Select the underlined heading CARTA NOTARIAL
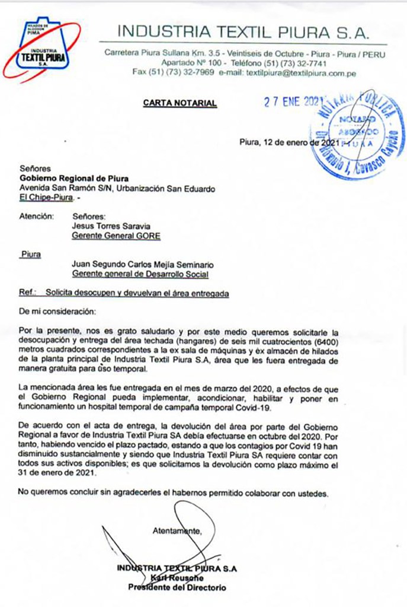click(180, 103)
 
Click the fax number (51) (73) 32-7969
click(173, 74)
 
